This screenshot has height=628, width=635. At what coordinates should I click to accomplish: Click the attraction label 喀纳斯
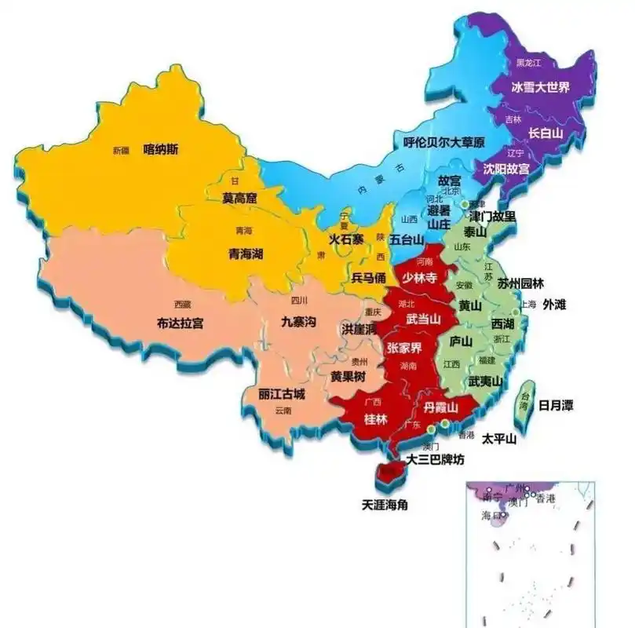point(160,148)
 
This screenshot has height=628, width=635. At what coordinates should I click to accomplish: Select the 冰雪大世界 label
point(540,86)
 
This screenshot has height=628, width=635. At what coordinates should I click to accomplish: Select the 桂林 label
point(376,419)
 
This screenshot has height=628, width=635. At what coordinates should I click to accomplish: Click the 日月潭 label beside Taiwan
point(555,405)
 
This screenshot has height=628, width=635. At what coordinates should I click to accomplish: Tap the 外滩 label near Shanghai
point(558,305)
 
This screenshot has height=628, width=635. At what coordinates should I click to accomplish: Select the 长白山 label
point(546,133)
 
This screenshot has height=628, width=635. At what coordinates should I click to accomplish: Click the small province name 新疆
point(120,150)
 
